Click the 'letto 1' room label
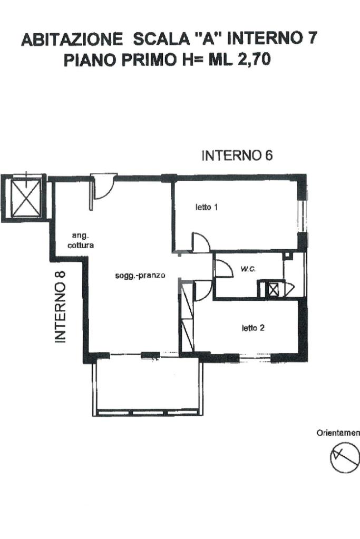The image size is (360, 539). pyautogui.click(x=206, y=207)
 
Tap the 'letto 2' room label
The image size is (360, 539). pyautogui.click(x=253, y=328)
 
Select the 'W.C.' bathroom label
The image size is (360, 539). pyautogui.click(x=248, y=269)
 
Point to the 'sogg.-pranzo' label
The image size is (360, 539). pyautogui.click(x=140, y=276)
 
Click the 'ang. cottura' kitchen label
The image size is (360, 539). pyautogui.click(x=81, y=241)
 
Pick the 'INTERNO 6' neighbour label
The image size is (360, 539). pyautogui.click(x=237, y=156)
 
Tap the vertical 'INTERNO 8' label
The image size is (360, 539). pyautogui.click(x=61, y=307)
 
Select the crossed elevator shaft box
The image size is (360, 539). pyautogui.click(x=26, y=198)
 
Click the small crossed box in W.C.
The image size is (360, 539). pyautogui.click(x=274, y=289)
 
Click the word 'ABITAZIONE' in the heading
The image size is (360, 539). pyautogui.click(x=72, y=39)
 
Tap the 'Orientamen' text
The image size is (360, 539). pyautogui.click(x=338, y=433)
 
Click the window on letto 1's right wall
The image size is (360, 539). pyautogui.click(x=302, y=217)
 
